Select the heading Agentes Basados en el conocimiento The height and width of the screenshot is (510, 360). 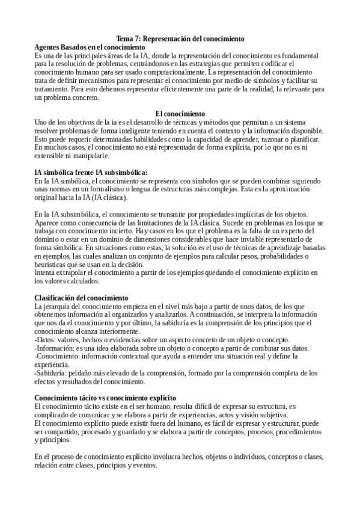90,47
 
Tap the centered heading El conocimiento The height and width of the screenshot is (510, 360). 180,113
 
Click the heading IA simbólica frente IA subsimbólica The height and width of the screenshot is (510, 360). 91,173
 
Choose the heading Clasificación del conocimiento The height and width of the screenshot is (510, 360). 82,298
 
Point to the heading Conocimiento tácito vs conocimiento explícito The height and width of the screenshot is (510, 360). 105,398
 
